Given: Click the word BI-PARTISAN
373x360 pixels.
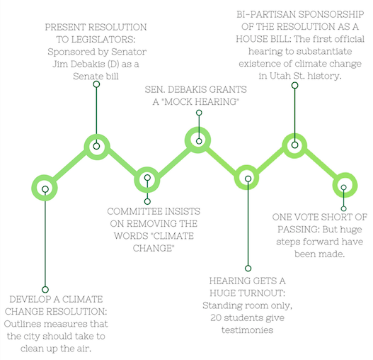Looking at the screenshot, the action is tap(266, 15).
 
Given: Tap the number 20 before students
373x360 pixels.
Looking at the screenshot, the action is tap(216, 317).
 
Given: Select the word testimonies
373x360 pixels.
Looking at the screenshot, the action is tap(248, 330).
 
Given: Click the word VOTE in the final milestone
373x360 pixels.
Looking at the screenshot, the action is tap(305, 218).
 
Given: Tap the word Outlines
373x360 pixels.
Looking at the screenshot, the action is tap(21, 324).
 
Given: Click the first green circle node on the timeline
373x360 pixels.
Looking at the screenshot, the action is tap(45, 188).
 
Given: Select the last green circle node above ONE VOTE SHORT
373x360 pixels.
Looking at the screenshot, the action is tap(345, 185).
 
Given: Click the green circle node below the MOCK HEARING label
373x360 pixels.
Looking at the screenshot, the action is tap(198, 140).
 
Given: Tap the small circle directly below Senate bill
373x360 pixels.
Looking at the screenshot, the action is tap(96, 84).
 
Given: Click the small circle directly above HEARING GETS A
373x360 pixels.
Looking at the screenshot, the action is tap(248, 269).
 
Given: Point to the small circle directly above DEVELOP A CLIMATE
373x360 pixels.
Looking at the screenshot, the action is tap(45, 290).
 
